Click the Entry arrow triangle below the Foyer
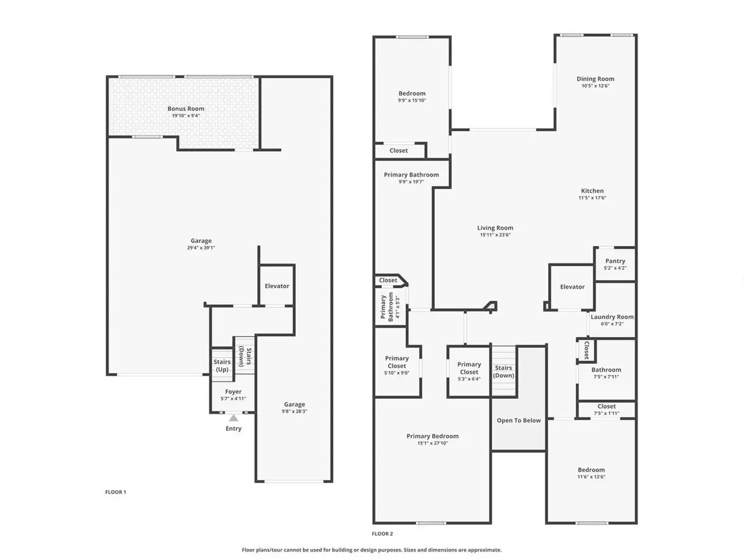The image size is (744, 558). click(233, 418)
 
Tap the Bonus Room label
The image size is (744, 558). click(186, 109)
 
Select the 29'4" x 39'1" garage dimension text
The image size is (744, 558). click(201, 248)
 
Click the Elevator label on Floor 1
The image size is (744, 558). click(277, 286)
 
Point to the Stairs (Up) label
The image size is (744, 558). click(222, 366)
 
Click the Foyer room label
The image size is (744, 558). click(233, 392)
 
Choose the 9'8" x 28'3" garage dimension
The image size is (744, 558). click(294, 412)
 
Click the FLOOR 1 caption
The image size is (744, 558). click(116, 492)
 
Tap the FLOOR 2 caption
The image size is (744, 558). click(382, 534)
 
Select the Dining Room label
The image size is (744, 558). click(596, 79)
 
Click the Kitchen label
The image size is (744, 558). click(592, 191)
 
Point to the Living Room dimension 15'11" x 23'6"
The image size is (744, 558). click(495, 235)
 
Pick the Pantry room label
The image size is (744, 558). click(615, 261)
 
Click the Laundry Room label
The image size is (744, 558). click(612, 317)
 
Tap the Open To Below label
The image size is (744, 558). click(519, 420)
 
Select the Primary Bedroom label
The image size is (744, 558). click(432, 436)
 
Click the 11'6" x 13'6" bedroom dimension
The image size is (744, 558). click(592, 477)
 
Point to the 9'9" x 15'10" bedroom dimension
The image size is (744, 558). click(412, 101)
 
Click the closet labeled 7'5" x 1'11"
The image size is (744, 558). click(607, 410)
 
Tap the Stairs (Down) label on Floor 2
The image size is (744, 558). click(503, 371)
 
